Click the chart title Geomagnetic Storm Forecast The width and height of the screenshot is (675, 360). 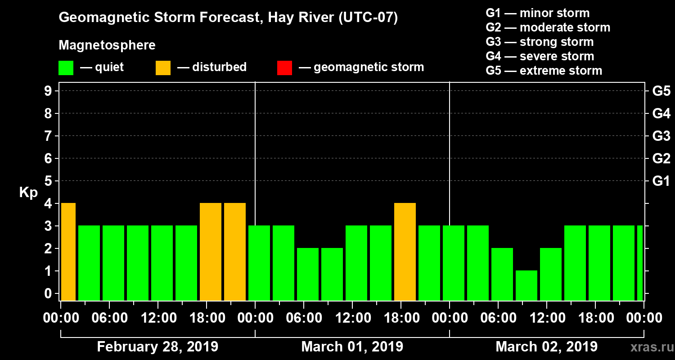coord(228,18)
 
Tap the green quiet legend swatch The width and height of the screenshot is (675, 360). coord(66,68)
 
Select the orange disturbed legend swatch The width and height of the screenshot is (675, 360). coord(163,68)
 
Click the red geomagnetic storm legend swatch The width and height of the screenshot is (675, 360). coord(284,68)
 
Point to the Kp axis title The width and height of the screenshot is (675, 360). coord(28,193)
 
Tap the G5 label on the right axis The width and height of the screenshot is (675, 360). coord(661,91)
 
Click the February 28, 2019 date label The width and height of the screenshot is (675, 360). coord(157,347)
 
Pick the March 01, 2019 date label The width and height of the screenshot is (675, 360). coord(352,347)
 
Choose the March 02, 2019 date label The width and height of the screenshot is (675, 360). coord(546,347)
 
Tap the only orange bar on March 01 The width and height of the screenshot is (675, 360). coord(405,252)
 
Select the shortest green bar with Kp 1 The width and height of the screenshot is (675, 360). coord(526,286)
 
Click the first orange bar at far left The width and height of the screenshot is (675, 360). coord(68,252)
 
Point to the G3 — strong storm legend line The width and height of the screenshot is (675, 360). coord(540,42)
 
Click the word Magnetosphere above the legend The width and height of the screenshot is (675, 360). coord(107,45)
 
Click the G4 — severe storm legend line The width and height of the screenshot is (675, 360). coord(540,56)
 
